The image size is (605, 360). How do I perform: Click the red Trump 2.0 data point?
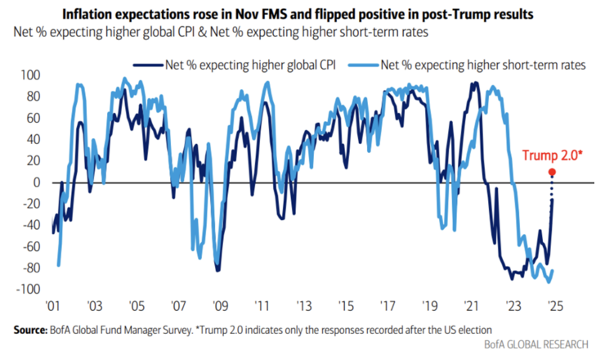[x=552, y=172]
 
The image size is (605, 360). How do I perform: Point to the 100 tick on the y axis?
[x=29, y=75]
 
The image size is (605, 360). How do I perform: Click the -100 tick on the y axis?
[x=28, y=290]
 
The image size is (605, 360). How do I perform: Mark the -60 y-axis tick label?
[x=30, y=247]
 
